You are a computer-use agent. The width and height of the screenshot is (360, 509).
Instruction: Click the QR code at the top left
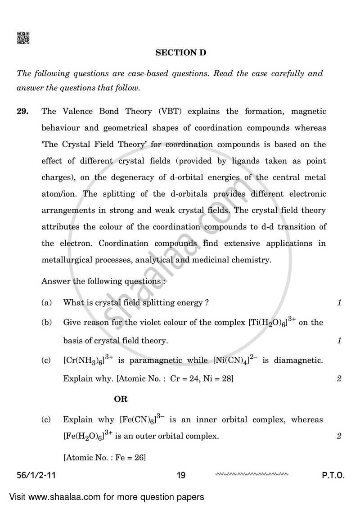point(23,38)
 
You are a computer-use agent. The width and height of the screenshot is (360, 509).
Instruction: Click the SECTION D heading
point(180,53)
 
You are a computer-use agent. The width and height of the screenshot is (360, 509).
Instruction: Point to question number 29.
point(23,111)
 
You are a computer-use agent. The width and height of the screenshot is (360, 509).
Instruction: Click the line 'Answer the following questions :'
point(103,281)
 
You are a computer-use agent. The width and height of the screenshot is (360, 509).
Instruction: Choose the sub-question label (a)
point(46,303)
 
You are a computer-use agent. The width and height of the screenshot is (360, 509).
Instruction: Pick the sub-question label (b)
point(46,322)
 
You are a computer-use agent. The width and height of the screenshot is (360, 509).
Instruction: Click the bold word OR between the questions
point(121,399)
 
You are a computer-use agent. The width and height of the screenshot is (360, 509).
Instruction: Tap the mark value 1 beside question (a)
point(339,303)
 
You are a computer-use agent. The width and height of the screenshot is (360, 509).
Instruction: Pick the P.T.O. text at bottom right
point(333,475)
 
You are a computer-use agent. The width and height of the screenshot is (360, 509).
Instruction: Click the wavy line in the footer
point(252,474)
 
